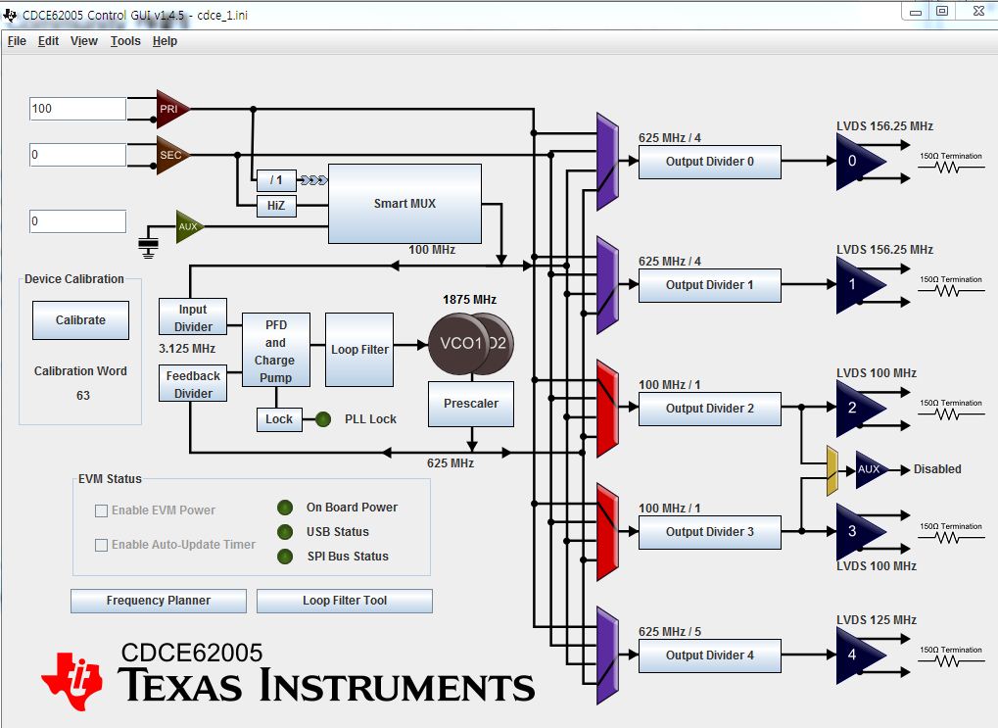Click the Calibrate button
coord(80,320)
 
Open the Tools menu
coord(125,41)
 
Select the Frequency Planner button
coord(158,601)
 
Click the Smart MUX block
coord(404,204)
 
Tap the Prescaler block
coord(471,404)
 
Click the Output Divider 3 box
coord(709,532)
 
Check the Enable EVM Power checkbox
coord(101,510)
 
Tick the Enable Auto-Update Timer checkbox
coord(101,545)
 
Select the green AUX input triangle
coord(188,226)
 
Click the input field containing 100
coord(77,109)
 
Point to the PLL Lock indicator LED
coord(323,419)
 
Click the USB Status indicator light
coord(285,532)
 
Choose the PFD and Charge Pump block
coord(275,350)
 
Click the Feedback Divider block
coord(193,383)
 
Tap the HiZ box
coord(275,206)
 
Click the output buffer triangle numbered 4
coord(856,655)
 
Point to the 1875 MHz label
coord(471,299)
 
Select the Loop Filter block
coord(359,350)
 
